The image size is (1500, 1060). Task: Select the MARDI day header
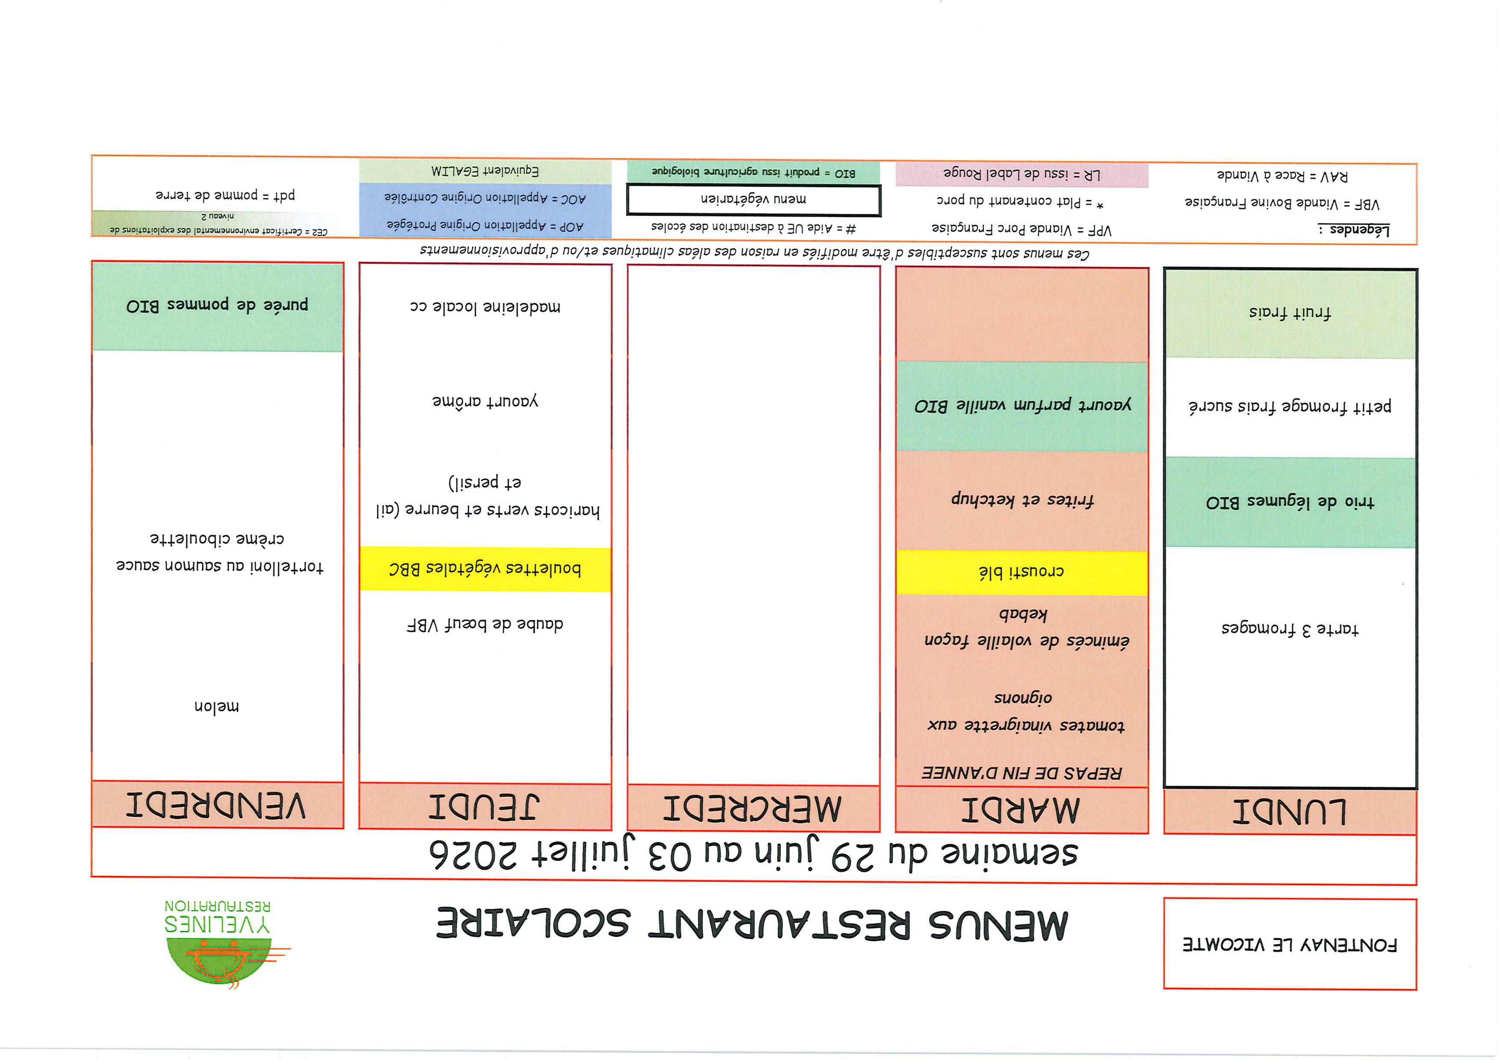click(x=1021, y=810)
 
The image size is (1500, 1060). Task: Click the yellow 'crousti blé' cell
click(x=1021, y=572)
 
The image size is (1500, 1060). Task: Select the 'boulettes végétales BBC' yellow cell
click(x=485, y=569)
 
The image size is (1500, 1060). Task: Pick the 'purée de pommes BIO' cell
click(x=218, y=306)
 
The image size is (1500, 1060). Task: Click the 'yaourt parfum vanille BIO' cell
click(x=1021, y=406)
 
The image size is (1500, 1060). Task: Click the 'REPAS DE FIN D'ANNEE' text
click(x=1021, y=773)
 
